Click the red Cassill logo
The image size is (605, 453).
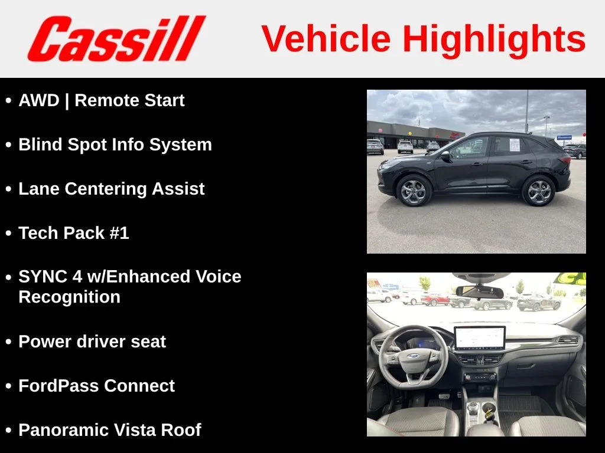click(116, 38)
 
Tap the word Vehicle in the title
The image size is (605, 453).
click(326, 38)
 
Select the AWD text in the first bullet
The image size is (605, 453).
click(39, 100)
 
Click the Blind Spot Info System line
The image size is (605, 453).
click(115, 145)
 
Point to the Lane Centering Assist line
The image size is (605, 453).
click(112, 189)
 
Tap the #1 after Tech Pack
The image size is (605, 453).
click(119, 233)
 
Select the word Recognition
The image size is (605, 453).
click(70, 297)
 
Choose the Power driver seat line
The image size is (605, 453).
click(92, 342)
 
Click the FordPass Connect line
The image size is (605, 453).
click(97, 386)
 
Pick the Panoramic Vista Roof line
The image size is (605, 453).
click(110, 430)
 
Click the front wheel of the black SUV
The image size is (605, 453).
click(413, 191)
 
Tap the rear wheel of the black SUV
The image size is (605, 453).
click(539, 191)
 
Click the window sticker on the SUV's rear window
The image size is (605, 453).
click(515, 145)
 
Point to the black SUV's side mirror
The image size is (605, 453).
click(445, 155)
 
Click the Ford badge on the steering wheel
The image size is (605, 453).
click(413, 356)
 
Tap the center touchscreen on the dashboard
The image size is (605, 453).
click(480, 338)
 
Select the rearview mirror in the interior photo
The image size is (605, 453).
click(480, 291)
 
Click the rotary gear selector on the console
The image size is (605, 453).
click(473, 406)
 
